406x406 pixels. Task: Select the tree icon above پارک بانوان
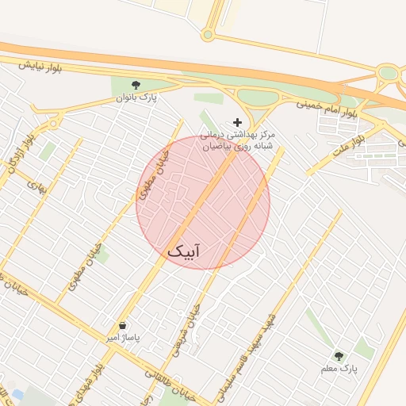pos(136,84)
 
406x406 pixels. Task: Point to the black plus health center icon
pos(238,122)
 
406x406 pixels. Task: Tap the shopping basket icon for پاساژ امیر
pos(122,325)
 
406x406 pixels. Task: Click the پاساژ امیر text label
pos(123,339)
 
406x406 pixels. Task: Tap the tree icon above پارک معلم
pos(340,356)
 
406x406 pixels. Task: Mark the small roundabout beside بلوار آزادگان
pos(54,122)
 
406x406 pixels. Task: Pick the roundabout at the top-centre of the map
pos(208,34)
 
